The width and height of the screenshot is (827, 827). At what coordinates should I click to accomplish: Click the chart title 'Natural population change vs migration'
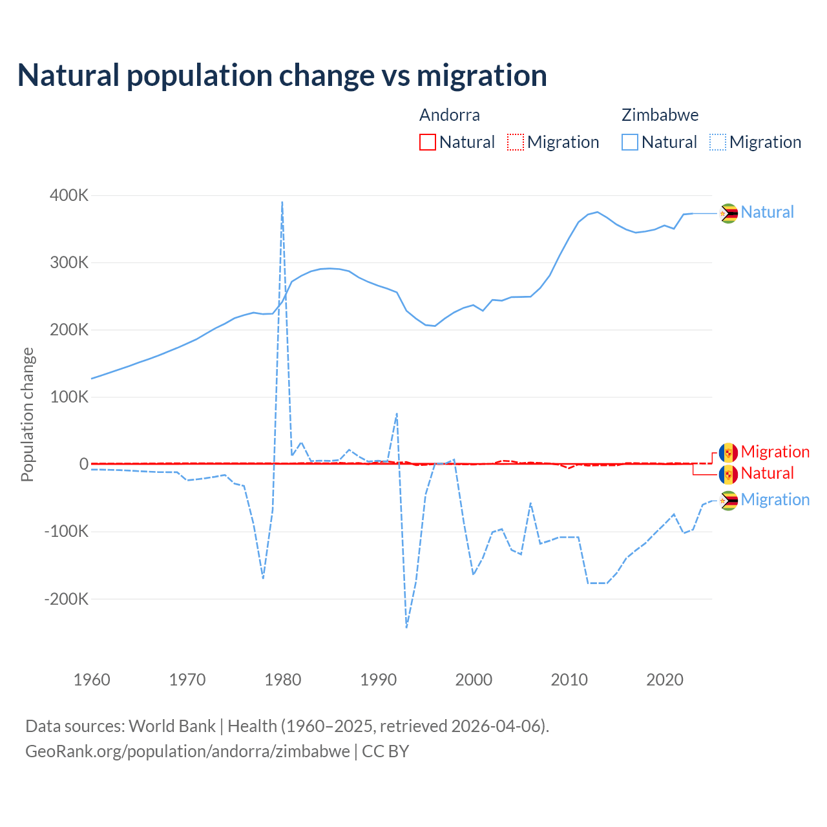[282, 75]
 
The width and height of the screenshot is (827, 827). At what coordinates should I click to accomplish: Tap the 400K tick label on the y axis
[69, 195]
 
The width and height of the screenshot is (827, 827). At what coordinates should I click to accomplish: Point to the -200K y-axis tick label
[67, 599]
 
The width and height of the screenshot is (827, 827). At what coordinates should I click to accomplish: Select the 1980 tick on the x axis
[283, 680]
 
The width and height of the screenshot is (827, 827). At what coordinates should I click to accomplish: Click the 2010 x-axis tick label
[569, 680]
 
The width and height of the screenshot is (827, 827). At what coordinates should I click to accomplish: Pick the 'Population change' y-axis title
[27, 414]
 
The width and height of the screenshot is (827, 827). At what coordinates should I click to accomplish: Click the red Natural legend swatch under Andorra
[428, 142]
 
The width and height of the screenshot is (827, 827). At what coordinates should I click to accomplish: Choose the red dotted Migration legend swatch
[516, 142]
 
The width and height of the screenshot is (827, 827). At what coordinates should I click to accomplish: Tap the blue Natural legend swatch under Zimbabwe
[630, 142]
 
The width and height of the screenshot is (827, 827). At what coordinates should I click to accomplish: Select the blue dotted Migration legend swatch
[718, 142]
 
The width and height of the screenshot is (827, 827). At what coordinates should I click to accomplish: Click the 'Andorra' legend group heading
[450, 115]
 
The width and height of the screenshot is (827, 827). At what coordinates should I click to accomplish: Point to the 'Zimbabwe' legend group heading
[660, 115]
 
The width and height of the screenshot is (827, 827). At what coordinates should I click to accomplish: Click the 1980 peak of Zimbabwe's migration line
[282, 202]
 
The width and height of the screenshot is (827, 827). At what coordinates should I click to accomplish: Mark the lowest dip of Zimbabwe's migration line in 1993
[406, 627]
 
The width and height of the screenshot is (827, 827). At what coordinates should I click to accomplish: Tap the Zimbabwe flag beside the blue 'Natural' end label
[729, 213]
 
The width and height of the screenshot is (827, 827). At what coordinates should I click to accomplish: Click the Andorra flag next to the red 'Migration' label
[729, 452]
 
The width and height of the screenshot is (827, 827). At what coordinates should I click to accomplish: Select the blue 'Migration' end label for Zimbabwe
[775, 499]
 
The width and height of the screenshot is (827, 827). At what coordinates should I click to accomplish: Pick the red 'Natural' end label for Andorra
[767, 473]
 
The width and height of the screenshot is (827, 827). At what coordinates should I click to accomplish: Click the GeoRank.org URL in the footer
[187, 751]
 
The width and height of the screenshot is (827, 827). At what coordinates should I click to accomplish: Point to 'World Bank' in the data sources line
[172, 726]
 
